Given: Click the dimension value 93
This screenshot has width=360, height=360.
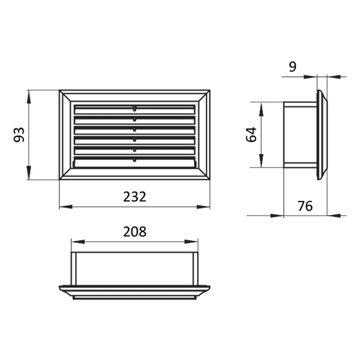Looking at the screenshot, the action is point(19,135).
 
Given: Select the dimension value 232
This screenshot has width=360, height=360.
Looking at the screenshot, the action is point(135,197).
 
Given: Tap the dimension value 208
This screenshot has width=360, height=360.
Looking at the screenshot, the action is point(135,232).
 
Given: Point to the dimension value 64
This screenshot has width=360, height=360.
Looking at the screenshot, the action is point(251,134).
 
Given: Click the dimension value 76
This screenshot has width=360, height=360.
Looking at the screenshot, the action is point(305,206).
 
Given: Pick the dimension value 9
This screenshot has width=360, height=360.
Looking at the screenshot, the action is point(293,67).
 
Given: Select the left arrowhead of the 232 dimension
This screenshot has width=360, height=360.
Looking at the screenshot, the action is point(66,207).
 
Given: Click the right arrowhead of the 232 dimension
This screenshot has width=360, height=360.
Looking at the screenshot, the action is point(203,207).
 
